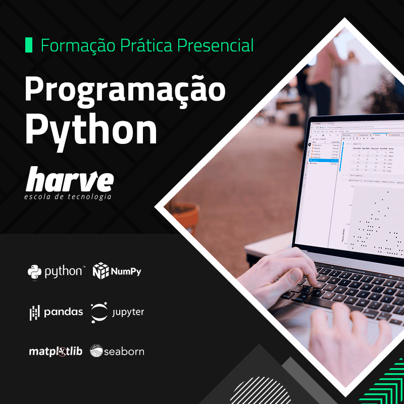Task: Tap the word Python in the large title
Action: point(91,130)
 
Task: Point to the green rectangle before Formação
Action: point(28,45)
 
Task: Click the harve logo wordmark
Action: point(70,180)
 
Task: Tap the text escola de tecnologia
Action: point(68,196)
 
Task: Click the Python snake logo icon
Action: point(34,272)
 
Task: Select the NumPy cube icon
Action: point(101,271)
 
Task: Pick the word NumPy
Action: point(126,272)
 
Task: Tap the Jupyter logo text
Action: point(128,313)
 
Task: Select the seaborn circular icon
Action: point(96,351)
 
